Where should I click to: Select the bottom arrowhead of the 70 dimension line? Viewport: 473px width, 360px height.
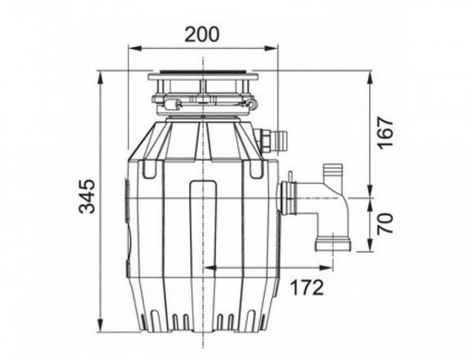371,253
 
